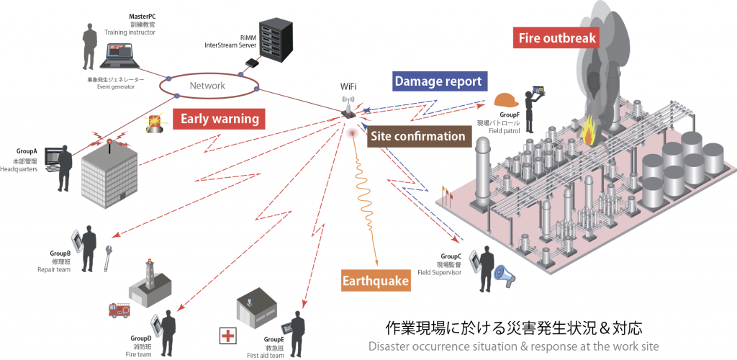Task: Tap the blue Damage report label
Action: (438, 81)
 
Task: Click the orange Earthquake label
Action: (376, 280)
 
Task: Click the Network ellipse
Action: (208, 86)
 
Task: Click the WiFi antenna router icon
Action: (349, 107)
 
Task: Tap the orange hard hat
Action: (506, 101)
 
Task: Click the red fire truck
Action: (120, 310)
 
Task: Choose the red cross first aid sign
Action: (230, 335)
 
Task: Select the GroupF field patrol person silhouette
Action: (530, 112)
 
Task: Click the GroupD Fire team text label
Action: (141, 346)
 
